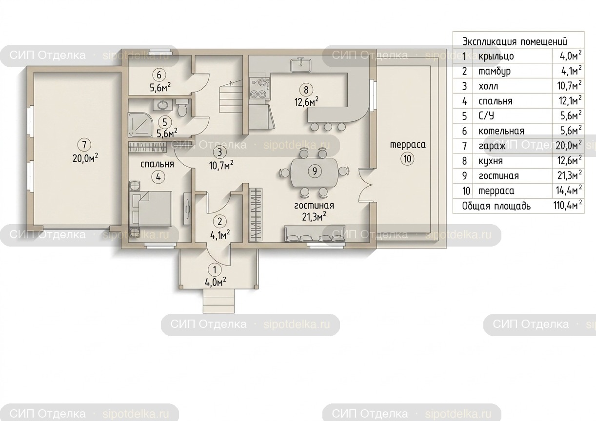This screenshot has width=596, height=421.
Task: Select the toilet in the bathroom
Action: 182,108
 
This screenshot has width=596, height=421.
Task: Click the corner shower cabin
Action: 140,125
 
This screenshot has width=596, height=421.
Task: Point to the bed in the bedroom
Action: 151,209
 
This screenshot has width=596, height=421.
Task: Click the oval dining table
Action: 315,172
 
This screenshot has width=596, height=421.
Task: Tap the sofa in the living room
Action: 315,234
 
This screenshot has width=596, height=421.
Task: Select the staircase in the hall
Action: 231,97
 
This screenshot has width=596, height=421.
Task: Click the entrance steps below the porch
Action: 219,301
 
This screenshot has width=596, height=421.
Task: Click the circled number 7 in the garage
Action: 84,145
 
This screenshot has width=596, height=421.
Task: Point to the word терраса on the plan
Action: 408,145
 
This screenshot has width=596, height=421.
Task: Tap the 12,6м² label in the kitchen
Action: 306,102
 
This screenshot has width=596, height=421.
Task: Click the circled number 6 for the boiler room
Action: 159,75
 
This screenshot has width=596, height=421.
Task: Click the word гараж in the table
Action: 492,146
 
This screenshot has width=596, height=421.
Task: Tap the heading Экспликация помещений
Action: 515,42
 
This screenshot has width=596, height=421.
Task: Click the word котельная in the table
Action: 501,131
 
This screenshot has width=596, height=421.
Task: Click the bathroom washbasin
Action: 162,105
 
